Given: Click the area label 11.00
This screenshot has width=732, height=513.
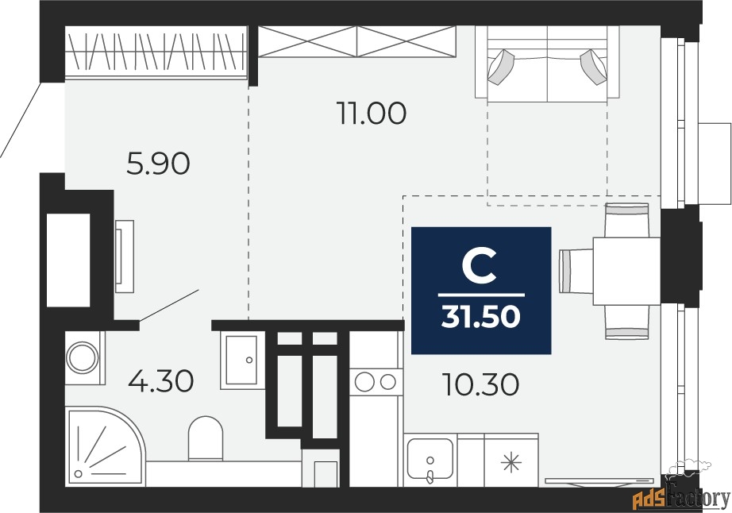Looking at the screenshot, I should coord(370,114).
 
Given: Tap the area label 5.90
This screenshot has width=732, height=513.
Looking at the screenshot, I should coord(159,164).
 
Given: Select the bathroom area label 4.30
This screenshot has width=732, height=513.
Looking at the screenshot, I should coord(160,381).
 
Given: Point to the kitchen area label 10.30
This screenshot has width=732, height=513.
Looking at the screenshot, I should coord(481,385).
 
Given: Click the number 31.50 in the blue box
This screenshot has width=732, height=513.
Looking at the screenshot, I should coord(481,316).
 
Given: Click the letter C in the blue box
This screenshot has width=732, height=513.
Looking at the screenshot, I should coord(480,266).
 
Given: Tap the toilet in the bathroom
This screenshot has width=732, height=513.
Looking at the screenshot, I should coord(206,439).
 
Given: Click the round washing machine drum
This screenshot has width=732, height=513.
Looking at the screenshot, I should coord(82,357).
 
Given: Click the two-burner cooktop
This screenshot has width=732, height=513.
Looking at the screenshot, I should coord(376,382).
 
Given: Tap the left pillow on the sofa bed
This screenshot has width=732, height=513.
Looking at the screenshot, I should coord(502,67).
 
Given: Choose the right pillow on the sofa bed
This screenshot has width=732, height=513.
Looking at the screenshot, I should coord(595,67).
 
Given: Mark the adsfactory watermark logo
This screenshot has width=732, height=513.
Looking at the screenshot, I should coord(680,496).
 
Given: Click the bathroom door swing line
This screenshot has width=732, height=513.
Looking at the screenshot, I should coord(170,305).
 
